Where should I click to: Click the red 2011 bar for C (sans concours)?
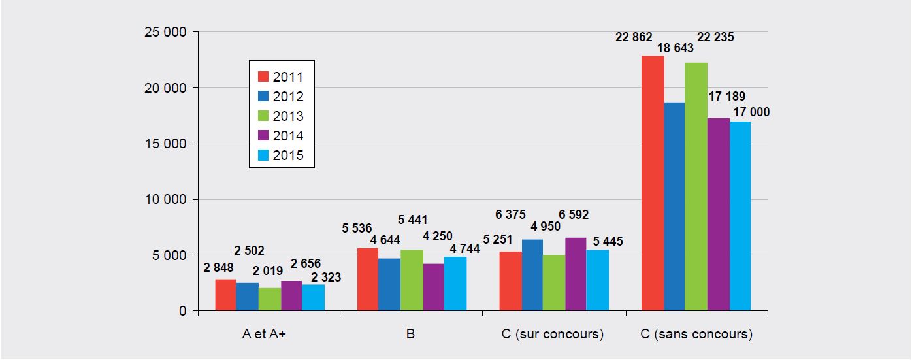pos(653,183)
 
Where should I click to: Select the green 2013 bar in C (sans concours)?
pos(696,186)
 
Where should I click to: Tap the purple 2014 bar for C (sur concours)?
pos(576,274)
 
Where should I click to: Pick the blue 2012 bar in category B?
pos(389,284)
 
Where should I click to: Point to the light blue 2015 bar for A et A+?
pos(314,297)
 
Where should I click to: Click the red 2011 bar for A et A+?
pos(226,295)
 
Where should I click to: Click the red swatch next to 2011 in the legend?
pos(264,76)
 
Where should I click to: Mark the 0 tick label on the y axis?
pos(184,311)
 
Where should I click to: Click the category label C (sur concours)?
pos(553,335)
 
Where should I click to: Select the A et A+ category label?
pos(268,335)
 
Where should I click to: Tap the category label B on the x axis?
pos(410,335)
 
